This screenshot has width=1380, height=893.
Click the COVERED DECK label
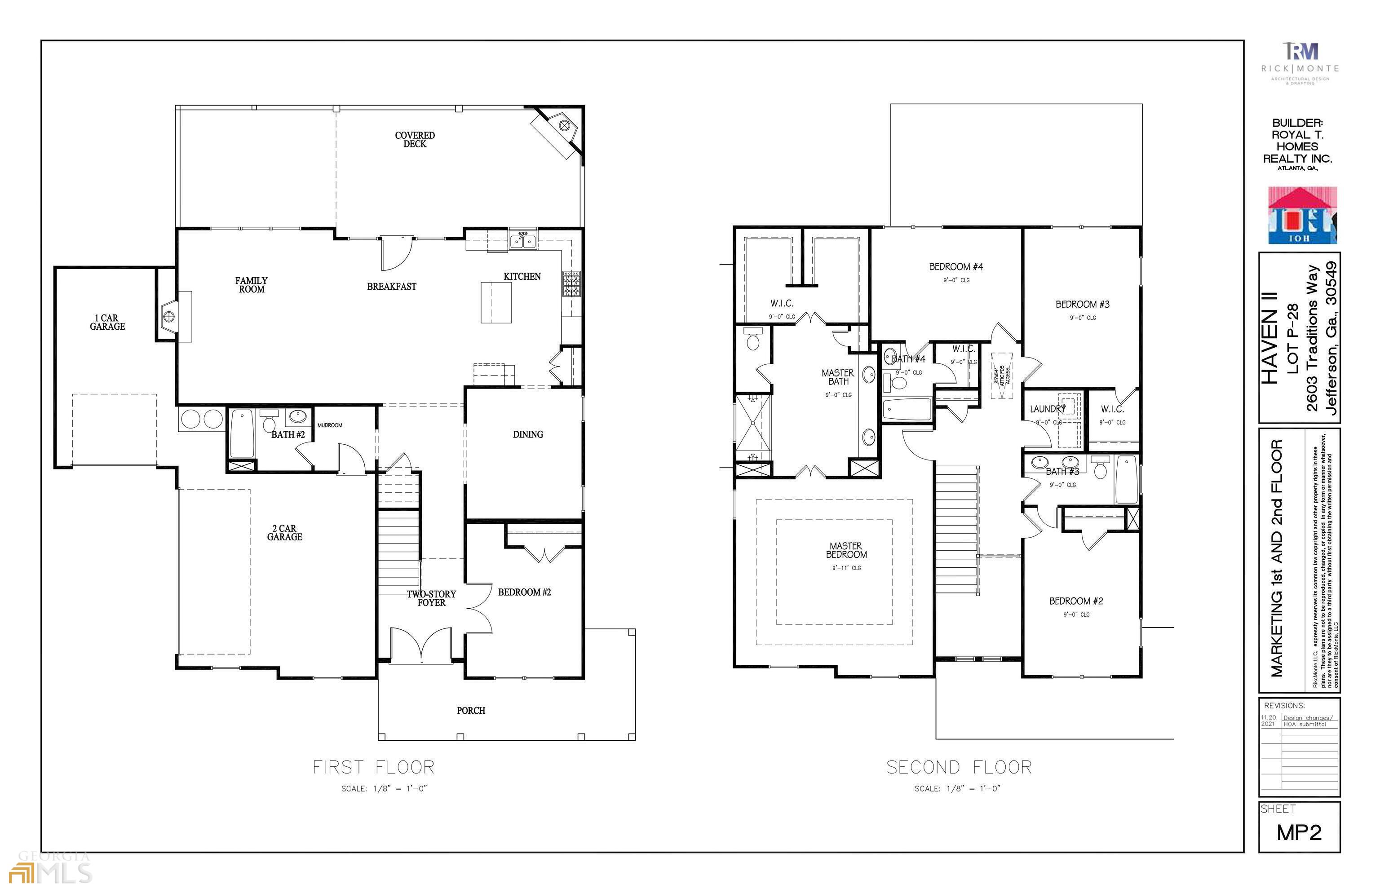point(415,140)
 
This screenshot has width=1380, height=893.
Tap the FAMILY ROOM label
point(251,285)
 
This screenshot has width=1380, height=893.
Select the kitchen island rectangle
point(496,302)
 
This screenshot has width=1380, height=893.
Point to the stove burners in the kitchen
point(571,283)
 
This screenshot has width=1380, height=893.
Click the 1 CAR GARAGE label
point(107,323)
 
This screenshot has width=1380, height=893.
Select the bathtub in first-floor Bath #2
point(242,434)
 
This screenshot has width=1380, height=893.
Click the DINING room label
point(528,434)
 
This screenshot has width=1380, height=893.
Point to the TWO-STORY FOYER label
point(431,598)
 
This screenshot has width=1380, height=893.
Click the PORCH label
point(471,710)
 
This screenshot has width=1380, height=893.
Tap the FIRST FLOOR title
point(373,767)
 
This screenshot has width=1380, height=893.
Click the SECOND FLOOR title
point(959,767)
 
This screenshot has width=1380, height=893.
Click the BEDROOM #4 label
point(956,267)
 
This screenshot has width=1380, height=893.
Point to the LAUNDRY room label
point(1047,409)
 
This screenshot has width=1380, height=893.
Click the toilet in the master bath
point(753,339)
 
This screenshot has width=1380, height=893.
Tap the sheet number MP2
point(1299,833)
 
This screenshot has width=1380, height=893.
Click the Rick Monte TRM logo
point(1300,52)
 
